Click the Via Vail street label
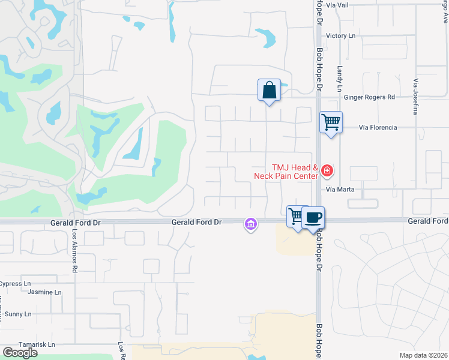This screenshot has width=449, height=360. [x=352, y=5]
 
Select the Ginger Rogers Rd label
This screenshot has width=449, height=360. [x=369, y=97]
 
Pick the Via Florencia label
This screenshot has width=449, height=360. [x=378, y=128]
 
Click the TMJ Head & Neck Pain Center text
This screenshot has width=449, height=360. [x=294, y=172]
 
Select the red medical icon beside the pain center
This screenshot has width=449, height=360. [x=327, y=172]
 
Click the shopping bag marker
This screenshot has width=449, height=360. [x=270, y=91]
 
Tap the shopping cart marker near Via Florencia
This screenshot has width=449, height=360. [x=331, y=122]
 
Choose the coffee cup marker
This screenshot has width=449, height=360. [x=313, y=217]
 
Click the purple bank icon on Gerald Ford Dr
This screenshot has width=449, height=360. [x=250, y=224]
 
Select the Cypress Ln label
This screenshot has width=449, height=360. [x=15, y=284]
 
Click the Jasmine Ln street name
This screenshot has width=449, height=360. [x=44, y=292]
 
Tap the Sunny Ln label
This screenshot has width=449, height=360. [x=17, y=314]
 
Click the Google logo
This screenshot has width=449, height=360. [x=20, y=353]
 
